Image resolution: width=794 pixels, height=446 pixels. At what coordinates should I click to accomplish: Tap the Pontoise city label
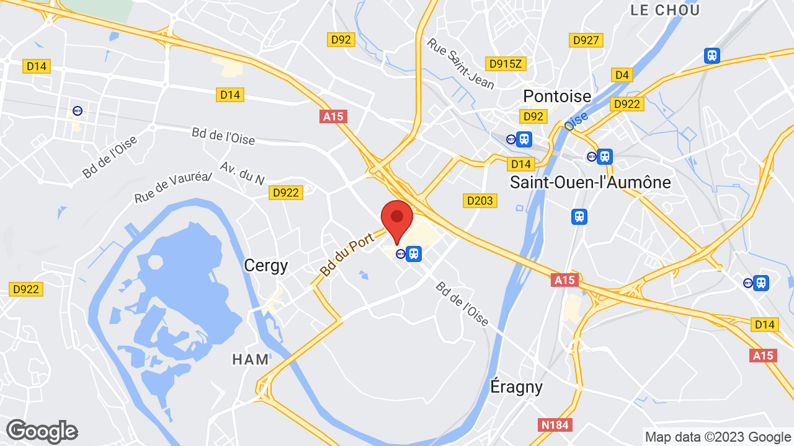(x=557, y=96)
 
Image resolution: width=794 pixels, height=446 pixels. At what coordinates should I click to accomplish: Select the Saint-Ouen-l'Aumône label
(x=590, y=182)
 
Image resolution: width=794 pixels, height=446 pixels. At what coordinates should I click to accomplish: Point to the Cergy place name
(x=265, y=265)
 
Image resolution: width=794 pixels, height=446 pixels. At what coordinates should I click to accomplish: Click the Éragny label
(x=516, y=387)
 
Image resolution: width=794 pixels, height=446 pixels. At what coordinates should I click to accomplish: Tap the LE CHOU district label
(x=665, y=10)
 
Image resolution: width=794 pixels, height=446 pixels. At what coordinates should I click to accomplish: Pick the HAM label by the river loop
(x=251, y=359)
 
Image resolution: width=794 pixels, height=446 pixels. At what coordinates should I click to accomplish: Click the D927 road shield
(x=586, y=40)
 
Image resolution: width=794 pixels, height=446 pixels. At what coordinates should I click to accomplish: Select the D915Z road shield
(x=506, y=63)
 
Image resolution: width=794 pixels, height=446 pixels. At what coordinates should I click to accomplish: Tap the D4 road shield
(x=622, y=75)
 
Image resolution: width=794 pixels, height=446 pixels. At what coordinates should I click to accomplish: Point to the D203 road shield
(x=480, y=200)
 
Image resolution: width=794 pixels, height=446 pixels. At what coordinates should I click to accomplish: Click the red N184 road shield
(x=555, y=424)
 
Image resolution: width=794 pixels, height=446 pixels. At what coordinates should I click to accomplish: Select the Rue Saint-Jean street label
(x=460, y=63)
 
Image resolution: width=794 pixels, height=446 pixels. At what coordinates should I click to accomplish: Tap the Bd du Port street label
(x=347, y=254)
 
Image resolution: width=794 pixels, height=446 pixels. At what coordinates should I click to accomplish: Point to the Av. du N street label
(x=242, y=173)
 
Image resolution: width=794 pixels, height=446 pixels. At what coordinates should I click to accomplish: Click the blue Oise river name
(x=576, y=120)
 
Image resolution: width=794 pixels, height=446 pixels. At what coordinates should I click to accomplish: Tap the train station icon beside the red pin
(x=414, y=253)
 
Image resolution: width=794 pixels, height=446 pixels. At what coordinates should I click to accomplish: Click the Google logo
(x=42, y=431)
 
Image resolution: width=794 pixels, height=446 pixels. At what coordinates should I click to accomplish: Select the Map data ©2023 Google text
(x=717, y=437)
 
